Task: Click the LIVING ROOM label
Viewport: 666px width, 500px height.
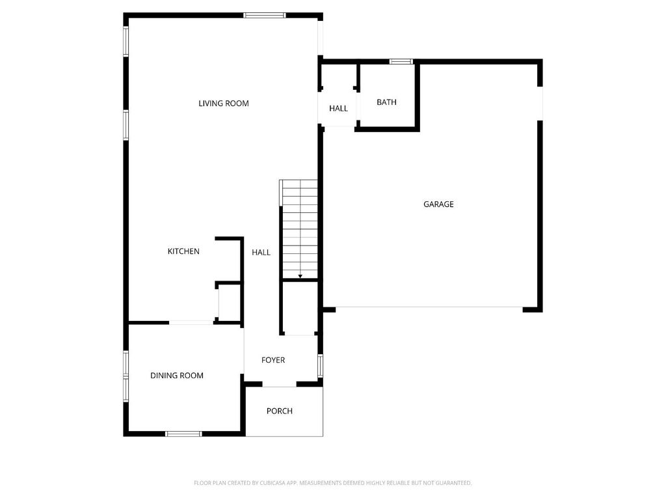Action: click(x=224, y=104)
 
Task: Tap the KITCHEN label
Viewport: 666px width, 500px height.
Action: click(x=183, y=251)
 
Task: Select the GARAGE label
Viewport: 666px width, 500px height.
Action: click(x=438, y=204)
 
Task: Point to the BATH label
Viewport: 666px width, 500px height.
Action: click(x=386, y=102)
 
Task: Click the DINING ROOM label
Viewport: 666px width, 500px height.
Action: click(x=177, y=376)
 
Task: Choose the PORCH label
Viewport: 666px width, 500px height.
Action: click(x=280, y=411)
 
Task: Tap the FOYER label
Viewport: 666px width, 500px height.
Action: click(x=273, y=360)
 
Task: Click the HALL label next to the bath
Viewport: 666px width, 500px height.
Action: click(x=338, y=108)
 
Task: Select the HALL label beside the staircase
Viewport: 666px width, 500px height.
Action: click(x=261, y=253)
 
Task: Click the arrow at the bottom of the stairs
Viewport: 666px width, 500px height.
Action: click(x=300, y=277)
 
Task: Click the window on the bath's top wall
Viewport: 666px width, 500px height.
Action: click(x=401, y=62)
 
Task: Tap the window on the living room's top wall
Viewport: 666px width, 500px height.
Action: click(x=264, y=15)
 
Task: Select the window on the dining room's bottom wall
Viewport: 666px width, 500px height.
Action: click(x=183, y=434)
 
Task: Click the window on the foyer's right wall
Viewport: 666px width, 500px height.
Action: click(x=320, y=365)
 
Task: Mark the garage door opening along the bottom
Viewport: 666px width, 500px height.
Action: click(x=429, y=307)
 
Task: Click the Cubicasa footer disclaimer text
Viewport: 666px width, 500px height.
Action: click(x=332, y=483)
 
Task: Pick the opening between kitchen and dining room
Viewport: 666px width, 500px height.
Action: click(x=191, y=322)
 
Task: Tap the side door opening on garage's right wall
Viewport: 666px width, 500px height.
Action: click(x=539, y=103)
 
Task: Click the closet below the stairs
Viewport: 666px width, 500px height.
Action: click(x=300, y=308)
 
